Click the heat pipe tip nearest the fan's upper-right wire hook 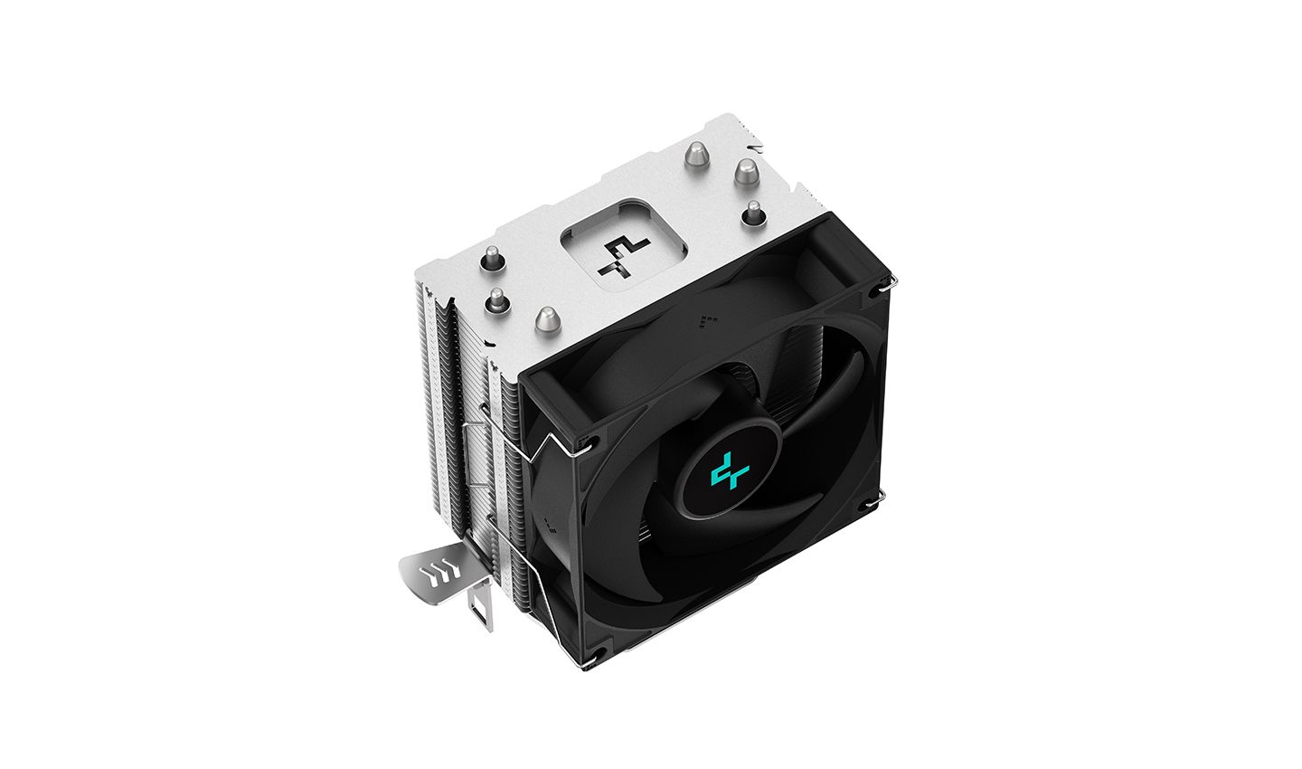[752, 214]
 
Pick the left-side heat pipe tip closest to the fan [546, 318]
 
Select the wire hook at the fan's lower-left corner [588, 666]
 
